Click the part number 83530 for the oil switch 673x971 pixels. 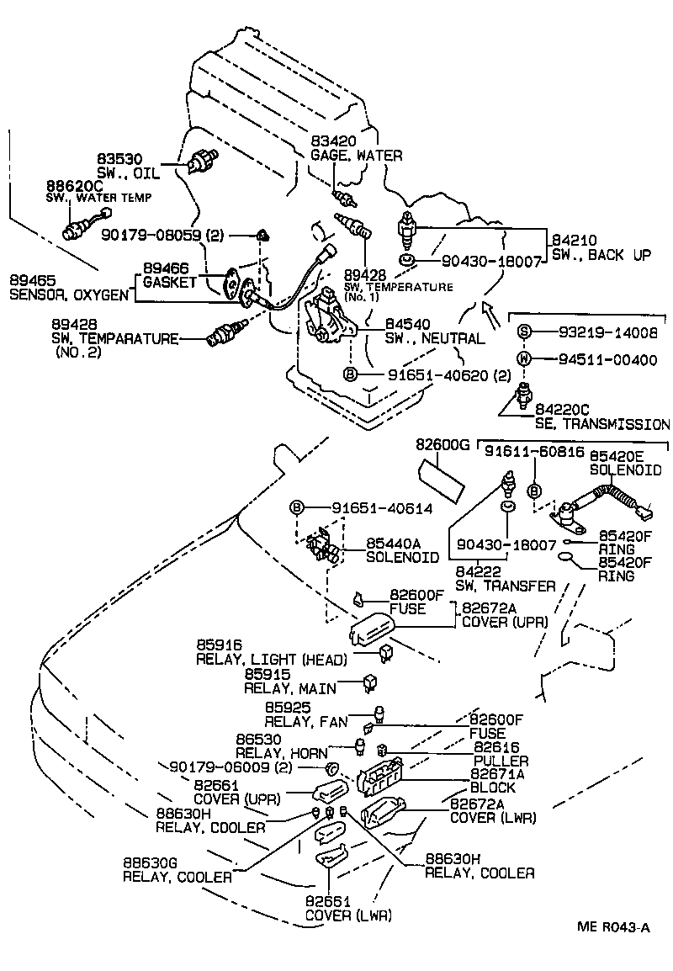(119, 158)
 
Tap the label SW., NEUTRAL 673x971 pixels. (435, 339)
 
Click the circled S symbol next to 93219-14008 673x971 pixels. (522, 332)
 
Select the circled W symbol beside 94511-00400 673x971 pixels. (522, 359)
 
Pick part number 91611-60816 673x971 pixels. (522, 452)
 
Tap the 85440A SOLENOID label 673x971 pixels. (402, 550)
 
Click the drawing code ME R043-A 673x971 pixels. (613, 927)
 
